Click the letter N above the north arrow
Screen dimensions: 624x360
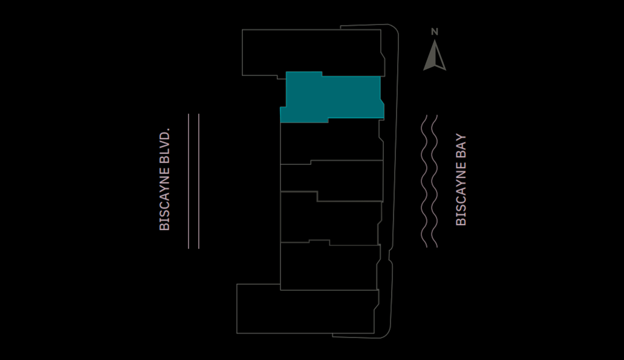[x=434, y=32]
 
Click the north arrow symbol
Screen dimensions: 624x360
[x=434, y=56]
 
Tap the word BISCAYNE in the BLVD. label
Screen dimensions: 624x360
[x=164, y=199]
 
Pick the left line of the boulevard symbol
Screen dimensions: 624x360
[x=189, y=181]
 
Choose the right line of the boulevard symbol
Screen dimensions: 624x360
[x=199, y=181]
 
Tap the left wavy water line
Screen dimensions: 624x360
[x=424, y=181]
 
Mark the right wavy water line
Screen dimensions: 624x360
[x=434, y=181]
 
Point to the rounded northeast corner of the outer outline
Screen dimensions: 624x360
[x=394, y=28]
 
